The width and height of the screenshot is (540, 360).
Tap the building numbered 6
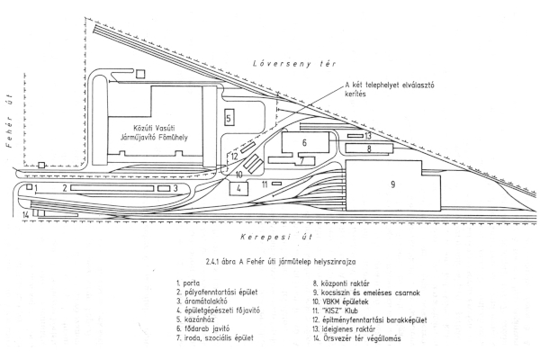click(x=304, y=143)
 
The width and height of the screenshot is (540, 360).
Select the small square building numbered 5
click(x=229, y=118)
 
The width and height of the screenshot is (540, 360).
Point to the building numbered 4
click(x=238, y=189)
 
